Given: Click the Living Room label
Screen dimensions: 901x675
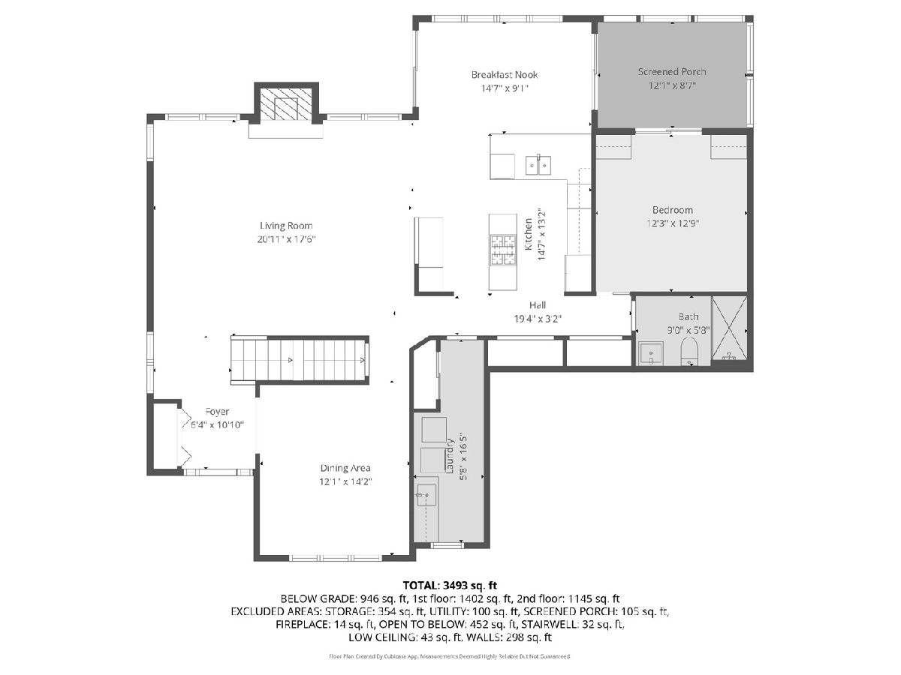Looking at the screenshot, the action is tap(286, 226).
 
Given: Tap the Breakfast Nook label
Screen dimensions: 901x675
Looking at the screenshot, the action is tap(505, 74).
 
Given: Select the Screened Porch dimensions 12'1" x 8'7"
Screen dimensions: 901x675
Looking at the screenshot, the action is tap(672, 85).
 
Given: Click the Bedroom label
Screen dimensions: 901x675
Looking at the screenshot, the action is tap(672, 210).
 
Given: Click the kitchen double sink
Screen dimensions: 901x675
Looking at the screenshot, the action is tap(538, 165).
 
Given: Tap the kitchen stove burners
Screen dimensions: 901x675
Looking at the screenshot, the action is tap(502, 250).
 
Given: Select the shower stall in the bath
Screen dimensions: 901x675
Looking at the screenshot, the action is tap(729, 328).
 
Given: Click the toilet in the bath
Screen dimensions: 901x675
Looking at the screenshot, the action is tap(689, 351).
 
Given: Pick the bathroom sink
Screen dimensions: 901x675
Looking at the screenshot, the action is tap(651, 354).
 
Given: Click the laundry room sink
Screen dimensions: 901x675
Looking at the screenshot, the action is tap(426, 495).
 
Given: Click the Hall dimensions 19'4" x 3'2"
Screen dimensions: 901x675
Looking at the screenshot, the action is tap(538, 319).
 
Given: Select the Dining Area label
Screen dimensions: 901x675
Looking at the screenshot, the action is tap(345, 467).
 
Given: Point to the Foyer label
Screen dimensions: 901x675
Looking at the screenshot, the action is tap(217, 412).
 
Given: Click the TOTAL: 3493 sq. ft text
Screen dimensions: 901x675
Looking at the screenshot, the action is tap(450, 585).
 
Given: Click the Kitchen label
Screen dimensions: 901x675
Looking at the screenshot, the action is tap(529, 234).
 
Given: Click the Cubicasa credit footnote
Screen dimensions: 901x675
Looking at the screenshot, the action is tap(450, 656).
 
